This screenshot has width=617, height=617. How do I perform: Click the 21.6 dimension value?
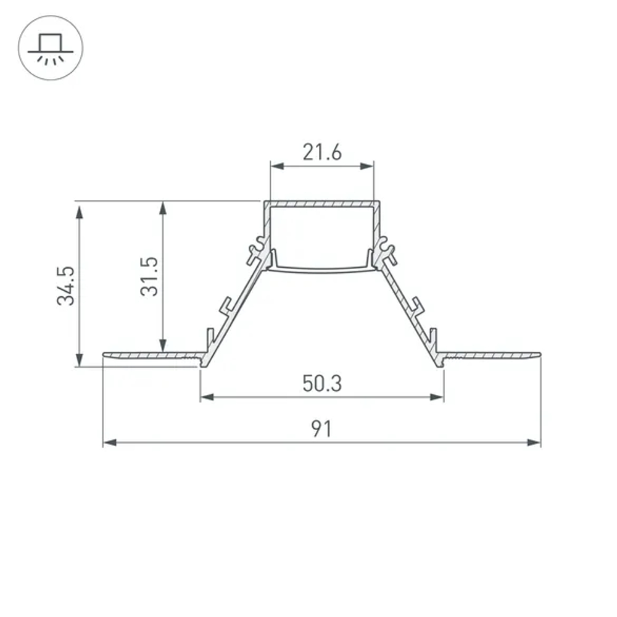(x=321, y=152)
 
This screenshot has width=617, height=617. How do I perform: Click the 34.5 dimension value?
(x=66, y=286)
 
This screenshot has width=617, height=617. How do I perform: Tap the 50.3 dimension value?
(x=321, y=384)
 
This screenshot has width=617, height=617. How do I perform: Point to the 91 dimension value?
(x=321, y=429)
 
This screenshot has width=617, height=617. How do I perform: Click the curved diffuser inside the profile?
(x=322, y=268)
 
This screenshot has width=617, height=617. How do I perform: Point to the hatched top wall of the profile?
(x=321, y=204)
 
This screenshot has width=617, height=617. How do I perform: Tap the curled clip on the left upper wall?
(x=257, y=249)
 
